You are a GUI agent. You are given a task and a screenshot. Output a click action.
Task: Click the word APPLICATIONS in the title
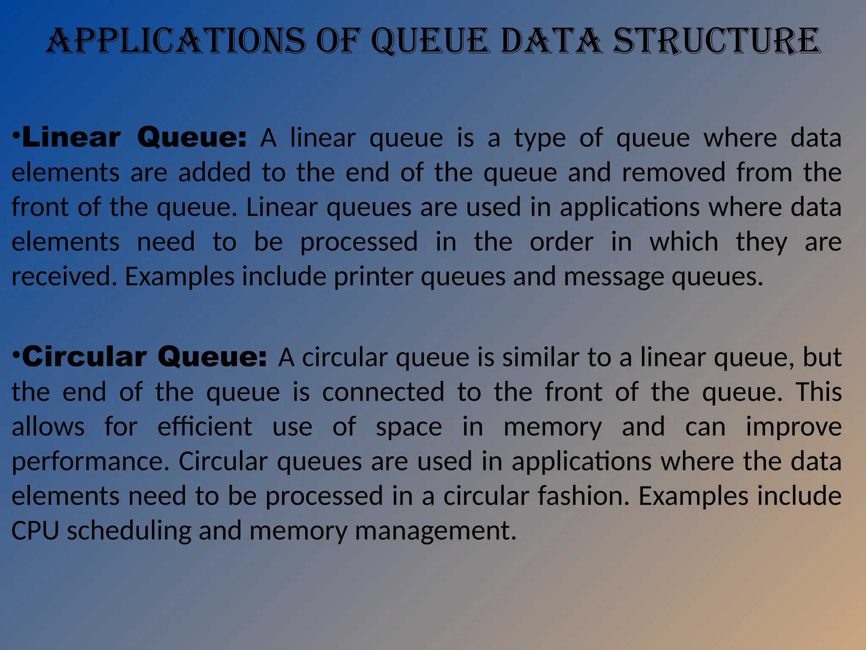click(x=175, y=41)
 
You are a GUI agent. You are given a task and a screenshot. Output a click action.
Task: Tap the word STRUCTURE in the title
click(x=717, y=41)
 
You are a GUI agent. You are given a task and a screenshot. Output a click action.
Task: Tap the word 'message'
click(x=614, y=277)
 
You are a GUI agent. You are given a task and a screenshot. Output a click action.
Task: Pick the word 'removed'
click(x=673, y=173)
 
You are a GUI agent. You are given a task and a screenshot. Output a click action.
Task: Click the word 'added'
click(x=214, y=173)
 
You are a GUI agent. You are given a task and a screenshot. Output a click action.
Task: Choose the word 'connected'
click(x=383, y=392)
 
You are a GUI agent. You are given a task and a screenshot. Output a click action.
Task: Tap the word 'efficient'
click(x=205, y=427)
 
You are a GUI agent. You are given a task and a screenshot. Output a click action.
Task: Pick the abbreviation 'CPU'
click(x=35, y=531)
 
